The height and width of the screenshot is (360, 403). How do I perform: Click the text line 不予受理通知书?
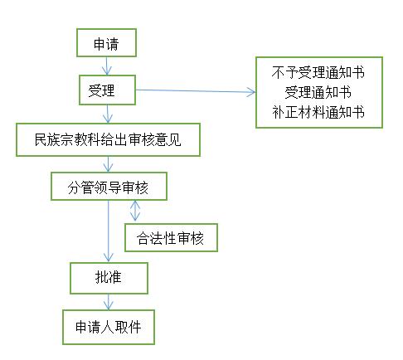[318, 73]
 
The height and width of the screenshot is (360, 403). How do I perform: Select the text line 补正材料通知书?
[318, 112]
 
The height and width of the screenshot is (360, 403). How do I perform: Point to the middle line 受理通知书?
[318, 92]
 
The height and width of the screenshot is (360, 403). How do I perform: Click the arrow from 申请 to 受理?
[107, 66]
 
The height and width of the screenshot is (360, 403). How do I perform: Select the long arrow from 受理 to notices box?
[196, 91]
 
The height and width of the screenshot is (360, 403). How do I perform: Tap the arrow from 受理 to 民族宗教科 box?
[108, 114]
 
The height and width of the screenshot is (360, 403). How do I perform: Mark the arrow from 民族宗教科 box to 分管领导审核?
[108, 164]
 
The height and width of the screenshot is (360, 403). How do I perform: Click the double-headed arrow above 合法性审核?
[135, 211]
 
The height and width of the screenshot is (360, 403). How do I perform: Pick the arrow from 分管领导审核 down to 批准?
[108, 231]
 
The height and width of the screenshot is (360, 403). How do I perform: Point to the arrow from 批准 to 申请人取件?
[108, 302]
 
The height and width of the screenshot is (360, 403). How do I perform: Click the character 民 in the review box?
[41, 139]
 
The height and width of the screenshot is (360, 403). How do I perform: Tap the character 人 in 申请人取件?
[108, 328]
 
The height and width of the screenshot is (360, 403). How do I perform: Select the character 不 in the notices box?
[278, 73]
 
